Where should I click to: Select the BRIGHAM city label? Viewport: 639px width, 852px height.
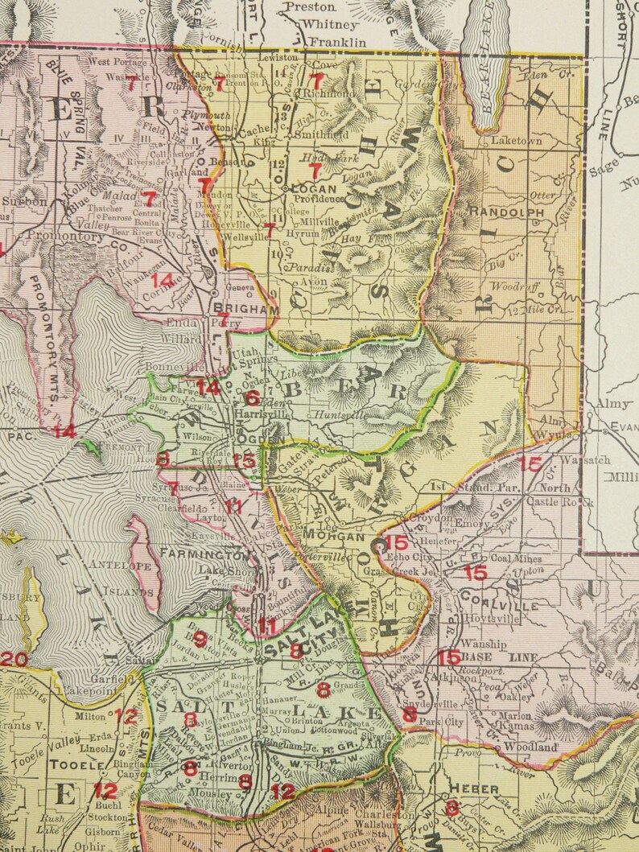235,308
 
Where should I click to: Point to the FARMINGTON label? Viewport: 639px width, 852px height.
205,555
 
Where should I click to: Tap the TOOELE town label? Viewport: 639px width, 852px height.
73,767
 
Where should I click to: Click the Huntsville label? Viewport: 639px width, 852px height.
356,415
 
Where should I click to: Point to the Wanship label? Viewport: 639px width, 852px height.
484,644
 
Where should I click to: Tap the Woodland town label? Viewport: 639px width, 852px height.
530,747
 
